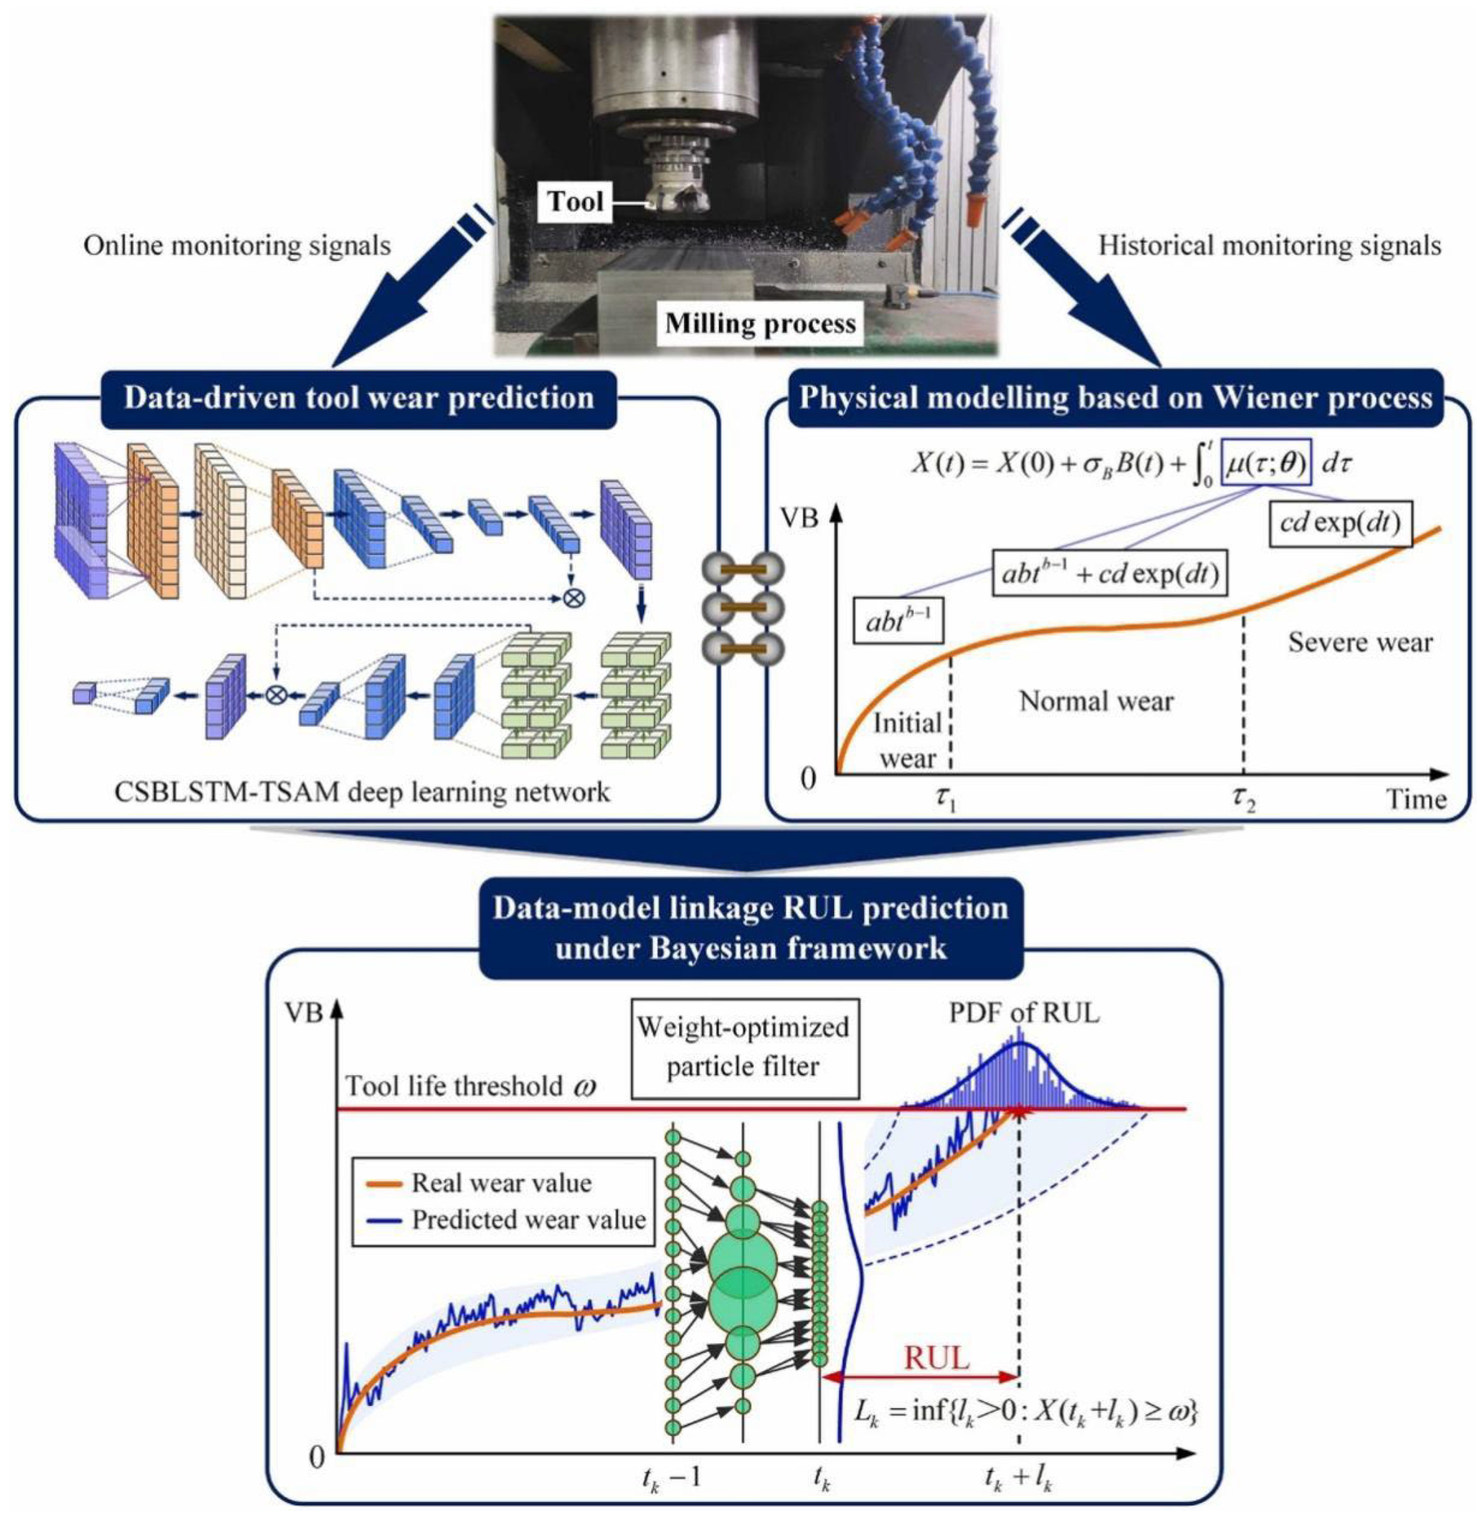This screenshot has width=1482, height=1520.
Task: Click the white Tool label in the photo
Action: [575, 202]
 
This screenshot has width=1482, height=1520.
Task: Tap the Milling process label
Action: [760, 323]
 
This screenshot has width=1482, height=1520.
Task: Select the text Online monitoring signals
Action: [237, 246]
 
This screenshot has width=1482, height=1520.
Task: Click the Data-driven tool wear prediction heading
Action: [359, 398]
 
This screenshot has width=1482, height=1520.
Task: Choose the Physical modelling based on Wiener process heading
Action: [1116, 398]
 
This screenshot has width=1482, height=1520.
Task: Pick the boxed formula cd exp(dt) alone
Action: [1340, 522]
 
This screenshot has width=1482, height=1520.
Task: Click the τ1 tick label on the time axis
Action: [945, 799]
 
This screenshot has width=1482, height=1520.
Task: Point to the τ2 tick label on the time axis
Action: [1243, 799]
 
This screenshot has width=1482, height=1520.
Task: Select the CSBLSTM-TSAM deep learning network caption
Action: [363, 793]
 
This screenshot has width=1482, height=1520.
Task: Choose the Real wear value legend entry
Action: [502, 1183]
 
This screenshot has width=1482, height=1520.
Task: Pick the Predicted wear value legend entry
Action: [528, 1219]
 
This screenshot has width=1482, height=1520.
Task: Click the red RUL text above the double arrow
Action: [937, 1358]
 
